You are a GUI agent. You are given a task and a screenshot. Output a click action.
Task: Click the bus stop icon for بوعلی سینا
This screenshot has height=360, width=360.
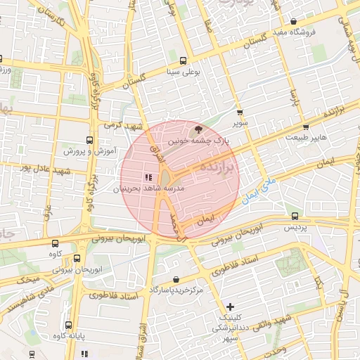[x=184, y=60]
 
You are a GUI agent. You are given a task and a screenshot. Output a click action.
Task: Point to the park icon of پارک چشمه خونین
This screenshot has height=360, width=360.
[x=198, y=129]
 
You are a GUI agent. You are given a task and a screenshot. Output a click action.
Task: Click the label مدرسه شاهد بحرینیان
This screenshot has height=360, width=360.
[x=148, y=189]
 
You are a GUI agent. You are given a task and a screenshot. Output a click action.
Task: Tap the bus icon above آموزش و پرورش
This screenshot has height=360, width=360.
[x=89, y=140]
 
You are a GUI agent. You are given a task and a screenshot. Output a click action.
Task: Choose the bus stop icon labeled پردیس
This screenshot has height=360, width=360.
[x=295, y=217]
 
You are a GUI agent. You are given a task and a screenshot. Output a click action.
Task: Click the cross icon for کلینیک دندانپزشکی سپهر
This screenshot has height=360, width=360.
[x=231, y=306]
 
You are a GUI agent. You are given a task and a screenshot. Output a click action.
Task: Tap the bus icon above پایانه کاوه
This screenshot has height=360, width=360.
[x=68, y=324]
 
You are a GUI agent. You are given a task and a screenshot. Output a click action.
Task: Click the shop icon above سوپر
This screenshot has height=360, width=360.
[x=240, y=112]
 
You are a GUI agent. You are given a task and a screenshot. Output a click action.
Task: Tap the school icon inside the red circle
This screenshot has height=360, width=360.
[x=148, y=177]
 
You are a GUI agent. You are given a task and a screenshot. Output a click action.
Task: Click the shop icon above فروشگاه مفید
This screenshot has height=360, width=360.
[x=293, y=21]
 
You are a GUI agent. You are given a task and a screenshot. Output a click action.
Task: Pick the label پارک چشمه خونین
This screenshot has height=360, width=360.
[x=197, y=140]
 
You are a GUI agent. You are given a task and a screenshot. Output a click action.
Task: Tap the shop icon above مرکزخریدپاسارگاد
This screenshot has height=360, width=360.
[x=175, y=279]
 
